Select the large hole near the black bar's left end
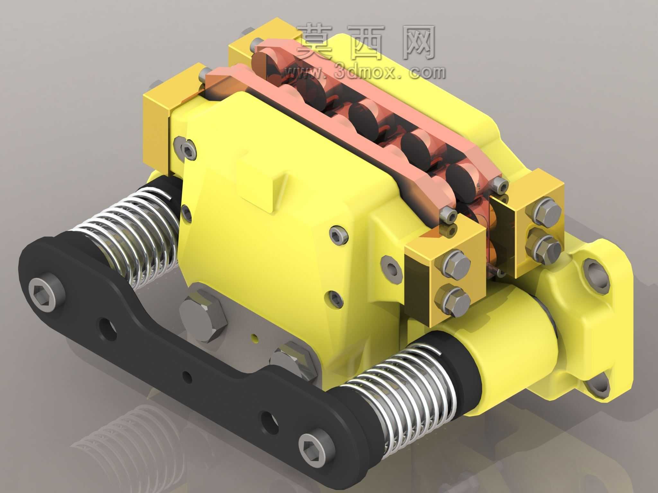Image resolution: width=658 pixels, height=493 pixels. click(x=108, y=331)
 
